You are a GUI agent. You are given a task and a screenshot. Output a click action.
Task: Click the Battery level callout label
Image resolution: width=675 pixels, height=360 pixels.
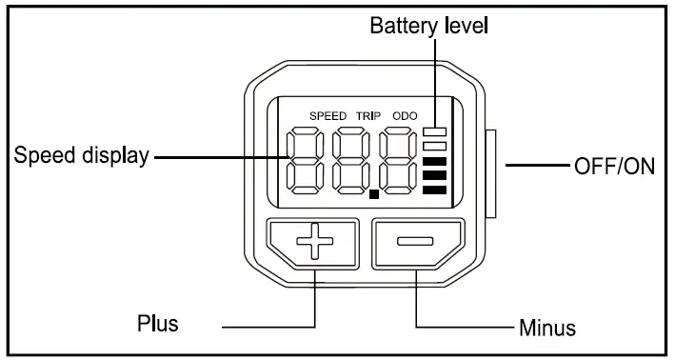click(x=428, y=26)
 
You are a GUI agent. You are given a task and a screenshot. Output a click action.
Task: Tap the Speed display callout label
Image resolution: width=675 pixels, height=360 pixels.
click(x=81, y=155)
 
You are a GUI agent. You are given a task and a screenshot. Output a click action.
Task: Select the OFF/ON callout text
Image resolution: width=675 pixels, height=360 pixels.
click(x=614, y=167)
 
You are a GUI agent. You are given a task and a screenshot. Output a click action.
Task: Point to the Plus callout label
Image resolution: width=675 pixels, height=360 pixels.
click(x=157, y=323)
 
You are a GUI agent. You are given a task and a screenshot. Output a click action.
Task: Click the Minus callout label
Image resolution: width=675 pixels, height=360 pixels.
click(x=547, y=328)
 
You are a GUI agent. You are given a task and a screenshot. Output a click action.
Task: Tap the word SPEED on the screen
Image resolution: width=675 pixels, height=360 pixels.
click(x=328, y=116)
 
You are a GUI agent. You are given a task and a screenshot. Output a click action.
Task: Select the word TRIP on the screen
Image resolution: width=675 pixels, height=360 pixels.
click(x=368, y=116)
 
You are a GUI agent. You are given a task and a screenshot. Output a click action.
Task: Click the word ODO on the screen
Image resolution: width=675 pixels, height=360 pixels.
click(x=405, y=116)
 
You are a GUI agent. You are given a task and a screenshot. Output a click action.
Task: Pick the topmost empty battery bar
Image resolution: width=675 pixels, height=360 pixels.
click(x=434, y=131)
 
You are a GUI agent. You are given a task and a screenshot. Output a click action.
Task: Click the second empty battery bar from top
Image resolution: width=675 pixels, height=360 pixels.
click(x=434, y=147)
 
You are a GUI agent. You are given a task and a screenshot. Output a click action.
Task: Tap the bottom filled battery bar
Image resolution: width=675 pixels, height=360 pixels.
click(x=434, y=190)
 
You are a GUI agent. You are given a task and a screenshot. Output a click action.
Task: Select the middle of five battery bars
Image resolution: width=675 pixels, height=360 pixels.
click(x=434, y=162)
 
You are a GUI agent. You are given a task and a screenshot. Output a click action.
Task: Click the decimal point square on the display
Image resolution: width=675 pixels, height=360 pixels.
click(x=374, y=194)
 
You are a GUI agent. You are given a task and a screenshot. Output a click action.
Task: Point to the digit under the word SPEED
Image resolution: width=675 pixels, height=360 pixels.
click(x=306, y=161)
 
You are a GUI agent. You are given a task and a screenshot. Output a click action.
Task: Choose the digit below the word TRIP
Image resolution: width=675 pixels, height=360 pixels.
click(x=351, y=161)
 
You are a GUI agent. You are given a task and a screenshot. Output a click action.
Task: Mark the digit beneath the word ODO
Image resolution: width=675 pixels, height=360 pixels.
click(x=398, y=161)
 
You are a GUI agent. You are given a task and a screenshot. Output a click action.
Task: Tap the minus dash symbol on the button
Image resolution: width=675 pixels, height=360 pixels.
click(x=415, y=241)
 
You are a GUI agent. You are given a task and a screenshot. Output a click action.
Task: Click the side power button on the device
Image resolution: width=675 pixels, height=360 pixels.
click(x=490, y=173)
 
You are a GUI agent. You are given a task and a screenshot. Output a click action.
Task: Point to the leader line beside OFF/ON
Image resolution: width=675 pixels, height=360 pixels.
click(x=538, y=165)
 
